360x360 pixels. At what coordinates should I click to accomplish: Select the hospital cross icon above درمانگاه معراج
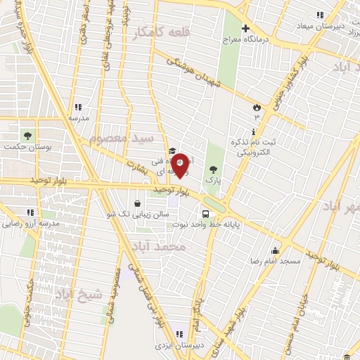pos(245,29)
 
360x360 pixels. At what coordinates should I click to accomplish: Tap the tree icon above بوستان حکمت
pos(28,135)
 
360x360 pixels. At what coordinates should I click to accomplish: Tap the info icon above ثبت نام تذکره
pos(253,131)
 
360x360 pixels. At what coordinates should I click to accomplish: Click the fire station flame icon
pos(257,108)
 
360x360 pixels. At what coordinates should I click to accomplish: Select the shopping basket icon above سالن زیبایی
pos(147,203)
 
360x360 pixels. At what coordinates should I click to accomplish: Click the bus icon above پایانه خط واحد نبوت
pos(205,214)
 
